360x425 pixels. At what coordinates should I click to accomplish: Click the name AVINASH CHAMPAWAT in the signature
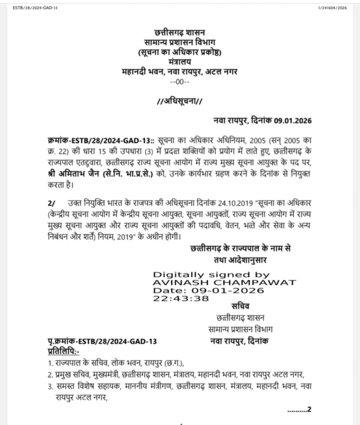(225, 283)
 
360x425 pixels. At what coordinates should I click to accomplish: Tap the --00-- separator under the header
(180, 82)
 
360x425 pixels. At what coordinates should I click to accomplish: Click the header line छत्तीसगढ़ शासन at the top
(180, 32)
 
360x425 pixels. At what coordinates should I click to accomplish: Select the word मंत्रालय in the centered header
(180, 62)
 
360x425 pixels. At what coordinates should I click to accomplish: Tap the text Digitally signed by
(211, 275)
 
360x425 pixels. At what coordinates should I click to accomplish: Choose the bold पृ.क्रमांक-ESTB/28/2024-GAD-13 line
(102, 342)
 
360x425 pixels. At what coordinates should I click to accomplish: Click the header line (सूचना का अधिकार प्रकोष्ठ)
(180, 52)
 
